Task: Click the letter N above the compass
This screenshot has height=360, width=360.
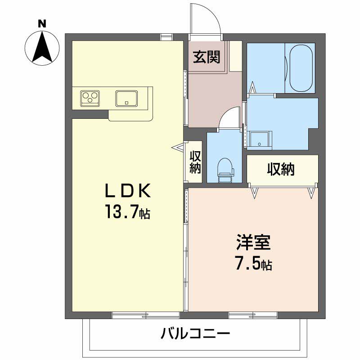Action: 42,24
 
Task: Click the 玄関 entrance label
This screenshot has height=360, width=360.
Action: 207,57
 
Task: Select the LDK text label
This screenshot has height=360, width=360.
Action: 128,190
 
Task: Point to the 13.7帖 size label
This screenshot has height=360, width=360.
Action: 128,211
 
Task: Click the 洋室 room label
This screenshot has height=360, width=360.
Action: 253,242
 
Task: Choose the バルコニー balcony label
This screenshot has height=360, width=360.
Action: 195,333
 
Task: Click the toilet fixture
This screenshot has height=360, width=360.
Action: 225,170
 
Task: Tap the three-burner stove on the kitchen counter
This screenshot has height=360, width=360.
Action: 90,99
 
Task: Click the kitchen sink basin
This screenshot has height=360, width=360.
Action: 126,99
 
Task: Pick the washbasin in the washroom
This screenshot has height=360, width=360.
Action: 260,140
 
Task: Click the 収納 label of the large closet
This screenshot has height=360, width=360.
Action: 281,170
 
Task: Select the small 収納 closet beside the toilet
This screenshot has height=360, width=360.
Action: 195,162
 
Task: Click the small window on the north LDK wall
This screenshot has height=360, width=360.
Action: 166,37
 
